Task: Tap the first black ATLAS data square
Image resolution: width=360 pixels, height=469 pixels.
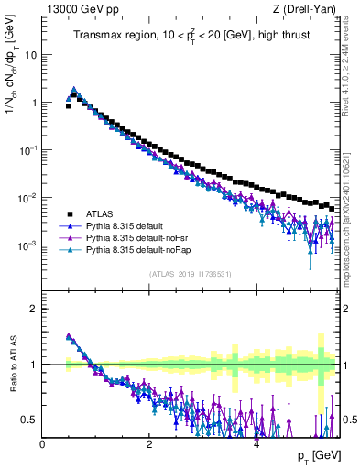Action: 69,105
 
